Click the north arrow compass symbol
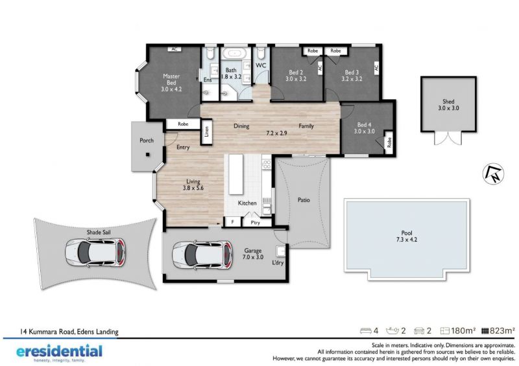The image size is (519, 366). pyautogui.click(x=493, y=174)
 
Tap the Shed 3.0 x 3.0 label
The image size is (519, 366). pyautogui.click(x=448, y=105)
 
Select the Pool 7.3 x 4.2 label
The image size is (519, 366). pyautogui.click(x=407, y=236)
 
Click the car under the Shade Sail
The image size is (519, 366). pyautogui.click(x=95, y=253)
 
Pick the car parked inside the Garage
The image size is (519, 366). pyautogui.click(x=202, y=255)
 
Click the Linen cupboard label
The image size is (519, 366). pyautogui.click(x=207, y=131)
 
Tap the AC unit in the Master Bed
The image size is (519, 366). pyautogui.click(x=174, y=49)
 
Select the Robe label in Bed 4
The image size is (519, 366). pyautogui.click(x=389, y=142)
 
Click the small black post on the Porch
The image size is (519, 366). pyautogui.click(x=148, y=154)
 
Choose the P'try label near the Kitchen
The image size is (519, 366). pyautogui.click(x=255, y=223)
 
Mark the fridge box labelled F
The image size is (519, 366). pyautogui.click(x=233, y=222)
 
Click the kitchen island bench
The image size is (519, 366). pyautogui.click(x=236, y=174)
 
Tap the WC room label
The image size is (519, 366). pyautogui.click(x=261, y=65)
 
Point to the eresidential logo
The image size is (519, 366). pyautogui.click(x=59, y=352)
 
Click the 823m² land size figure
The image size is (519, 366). pyautogui.click(x=498, y=330)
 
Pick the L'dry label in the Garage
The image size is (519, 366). pyautogui.click(x=278, y=262)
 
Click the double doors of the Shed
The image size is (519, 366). pyautogui.click(x=448, y=137)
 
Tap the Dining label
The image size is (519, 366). pyautogui.click(x=241, y=126)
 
